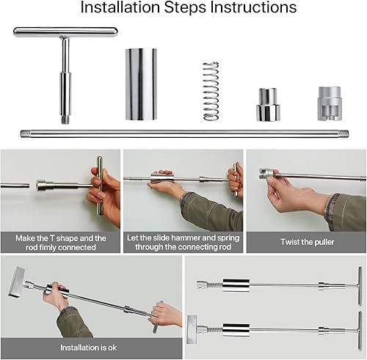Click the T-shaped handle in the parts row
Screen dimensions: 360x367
coord(65,33)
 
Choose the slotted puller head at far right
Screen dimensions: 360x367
coord(331,103)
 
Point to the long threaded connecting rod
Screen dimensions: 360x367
coord(183,133)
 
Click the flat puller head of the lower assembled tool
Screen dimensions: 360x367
coord(192,324)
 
